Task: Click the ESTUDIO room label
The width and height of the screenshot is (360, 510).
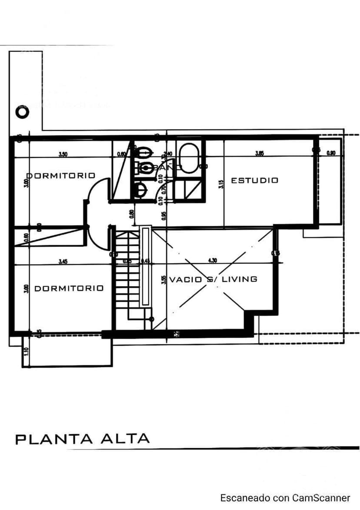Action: click(254, 180)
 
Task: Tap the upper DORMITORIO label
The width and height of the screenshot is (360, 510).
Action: click(61, 176)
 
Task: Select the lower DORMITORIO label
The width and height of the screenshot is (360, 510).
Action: click(69, 288)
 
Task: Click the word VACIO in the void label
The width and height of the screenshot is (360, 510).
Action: click(186, 279)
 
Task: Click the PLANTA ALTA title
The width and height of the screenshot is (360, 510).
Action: click(82, 439)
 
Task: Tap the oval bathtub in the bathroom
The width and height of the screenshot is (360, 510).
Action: click(189, 158)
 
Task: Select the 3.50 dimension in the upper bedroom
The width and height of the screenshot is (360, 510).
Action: click(63, 154)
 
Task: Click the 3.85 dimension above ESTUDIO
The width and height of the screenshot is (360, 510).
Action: click(259, 154)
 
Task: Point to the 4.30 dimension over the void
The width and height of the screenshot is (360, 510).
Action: click(213, 261)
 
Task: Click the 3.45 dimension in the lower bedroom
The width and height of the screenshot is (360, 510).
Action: click(63, 262)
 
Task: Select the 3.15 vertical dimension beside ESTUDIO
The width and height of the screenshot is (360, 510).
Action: click(221, 184)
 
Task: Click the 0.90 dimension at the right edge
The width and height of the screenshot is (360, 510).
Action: click(331, 153)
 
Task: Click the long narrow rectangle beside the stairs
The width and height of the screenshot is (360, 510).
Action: click(145, 266)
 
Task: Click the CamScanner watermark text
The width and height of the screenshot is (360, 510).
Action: click(285, 498)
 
